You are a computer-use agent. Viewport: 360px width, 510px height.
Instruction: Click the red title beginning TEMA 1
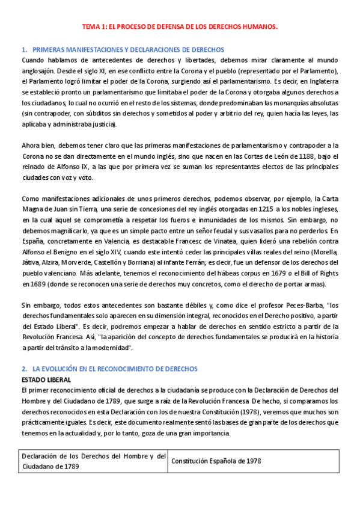[x=180, y=27]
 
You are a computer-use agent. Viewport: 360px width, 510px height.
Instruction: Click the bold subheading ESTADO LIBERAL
[x=46, y=379]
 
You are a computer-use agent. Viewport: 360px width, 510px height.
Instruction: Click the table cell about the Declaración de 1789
[x=93, y=461]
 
